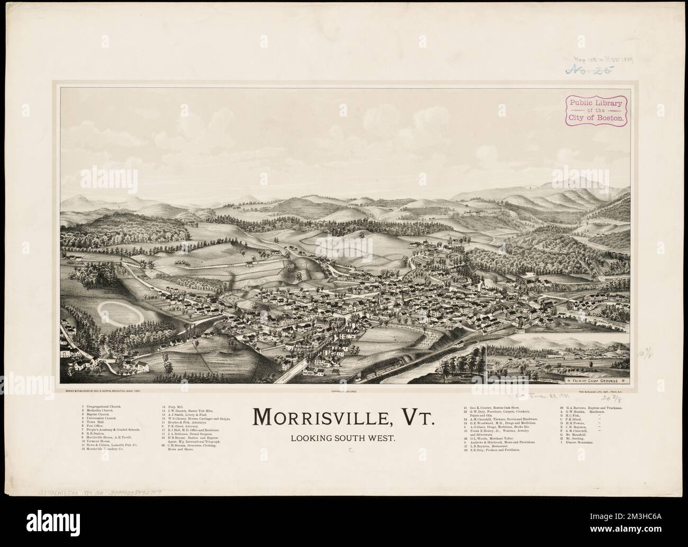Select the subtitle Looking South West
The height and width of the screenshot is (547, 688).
344,439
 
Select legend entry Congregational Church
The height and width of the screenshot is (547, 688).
102,407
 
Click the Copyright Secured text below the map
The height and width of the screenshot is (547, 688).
345,391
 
